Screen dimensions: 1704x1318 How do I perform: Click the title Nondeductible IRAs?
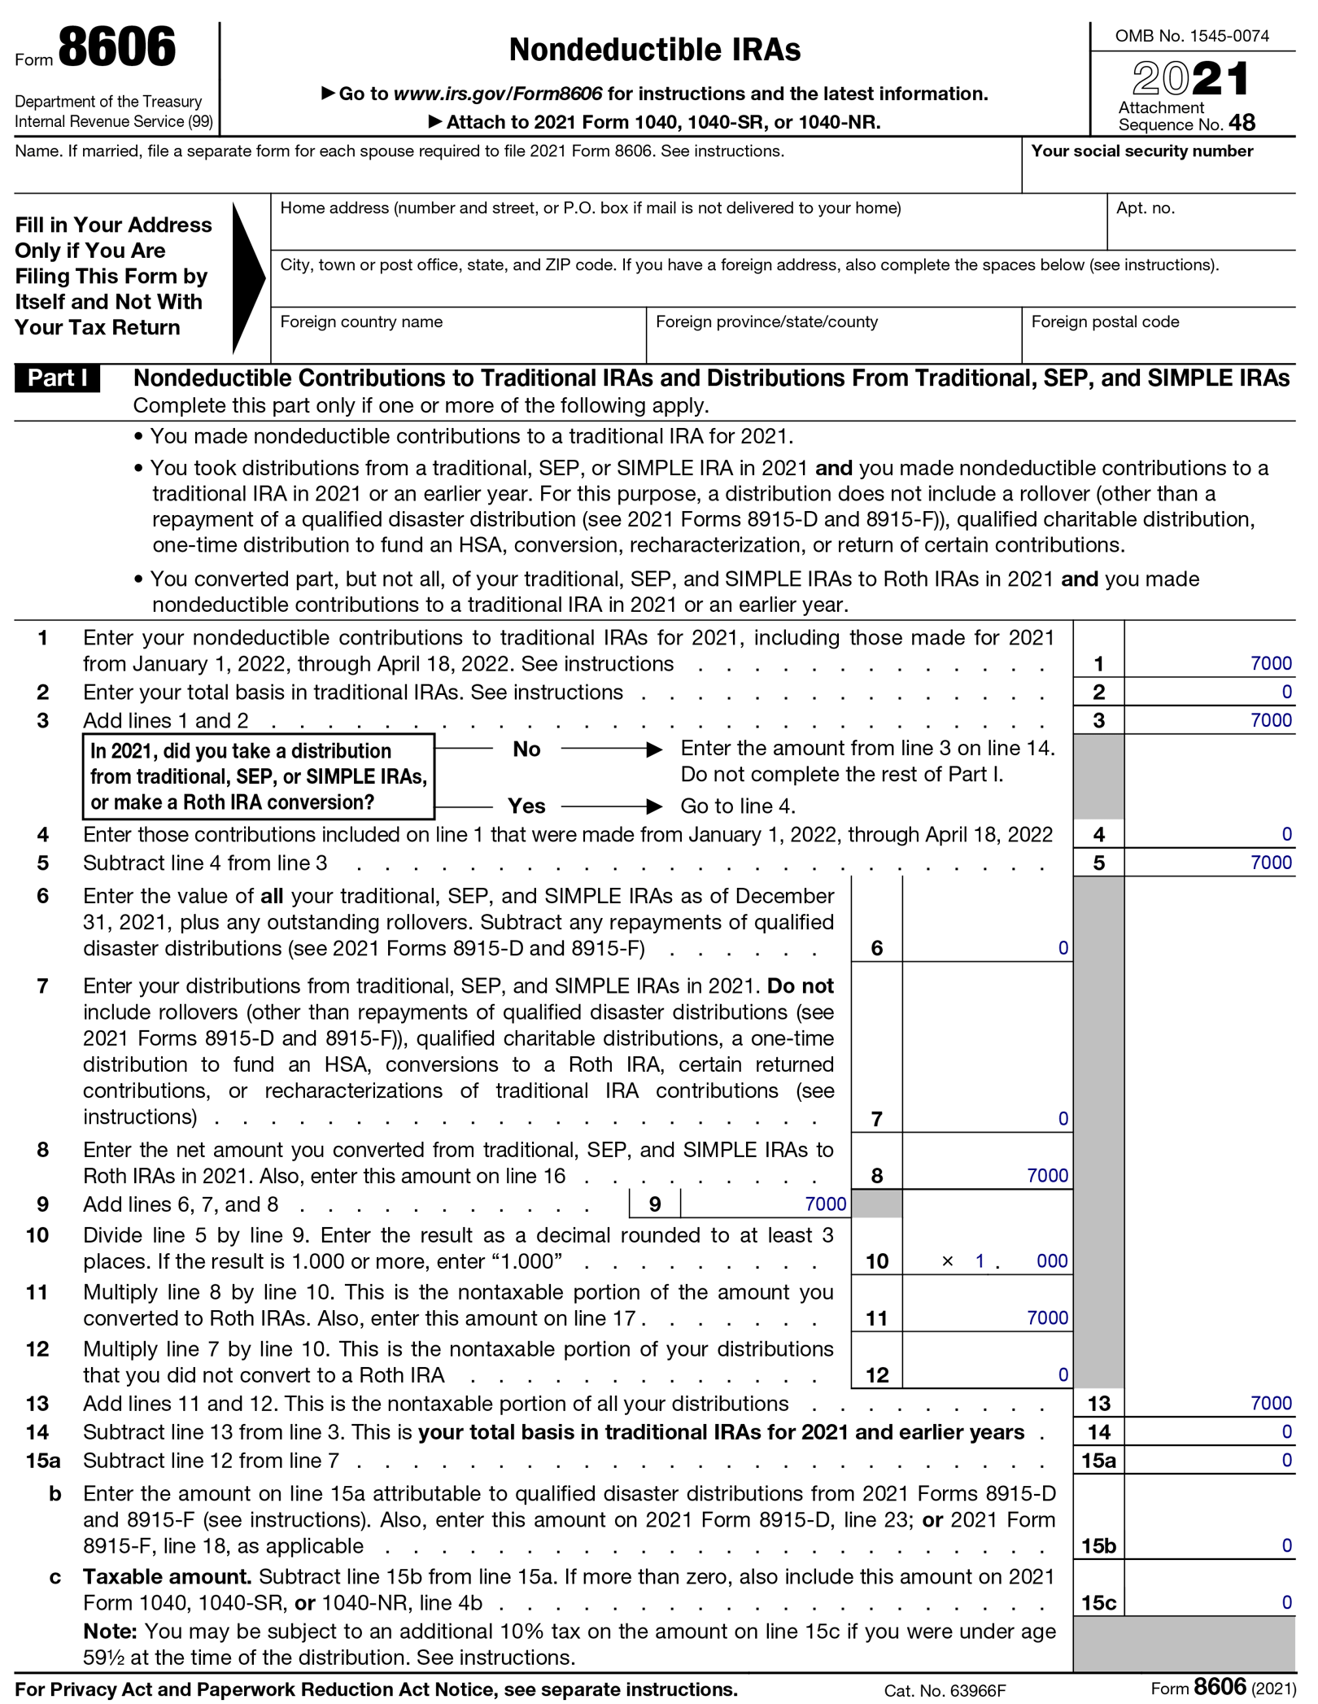654,50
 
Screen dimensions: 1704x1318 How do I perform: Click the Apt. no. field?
1199,230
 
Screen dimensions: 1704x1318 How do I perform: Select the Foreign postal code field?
1157,344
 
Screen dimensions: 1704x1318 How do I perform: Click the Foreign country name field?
457,344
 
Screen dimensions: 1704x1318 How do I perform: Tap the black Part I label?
57,378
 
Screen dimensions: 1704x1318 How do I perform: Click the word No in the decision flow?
526,749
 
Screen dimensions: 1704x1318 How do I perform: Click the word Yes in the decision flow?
526,806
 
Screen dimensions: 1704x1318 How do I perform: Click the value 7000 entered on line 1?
1270,664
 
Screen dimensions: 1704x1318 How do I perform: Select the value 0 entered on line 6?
1063,949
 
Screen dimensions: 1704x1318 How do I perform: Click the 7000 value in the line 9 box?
825,1204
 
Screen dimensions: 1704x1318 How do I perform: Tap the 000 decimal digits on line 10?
1051,1261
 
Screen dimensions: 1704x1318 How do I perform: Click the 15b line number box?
1098,1546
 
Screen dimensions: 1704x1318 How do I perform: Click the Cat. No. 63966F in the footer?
945,1691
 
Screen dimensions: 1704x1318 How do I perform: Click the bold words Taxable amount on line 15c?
167,1577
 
